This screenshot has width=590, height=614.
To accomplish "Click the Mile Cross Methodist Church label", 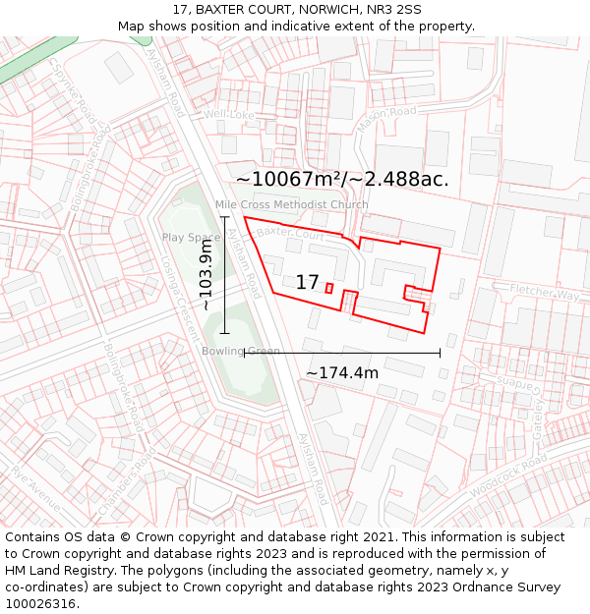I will (x=292, y=205).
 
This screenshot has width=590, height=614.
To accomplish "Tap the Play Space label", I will (x=191, y=238).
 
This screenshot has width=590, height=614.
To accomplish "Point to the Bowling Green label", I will (x=241, y=351).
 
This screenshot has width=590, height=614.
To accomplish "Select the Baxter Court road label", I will (x=290, y=235).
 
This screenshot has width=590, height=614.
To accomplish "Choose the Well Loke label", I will (x=229, y=115).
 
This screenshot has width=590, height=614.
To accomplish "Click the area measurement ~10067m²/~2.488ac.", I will (x=342, y=179).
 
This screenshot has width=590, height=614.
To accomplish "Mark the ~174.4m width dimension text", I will (x=341, y=373).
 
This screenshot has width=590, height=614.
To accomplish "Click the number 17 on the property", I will (x=307, y=283).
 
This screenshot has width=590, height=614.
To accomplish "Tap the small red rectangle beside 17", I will (x=329, y=288).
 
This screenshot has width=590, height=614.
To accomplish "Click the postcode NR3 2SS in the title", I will (x=393, y=9).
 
